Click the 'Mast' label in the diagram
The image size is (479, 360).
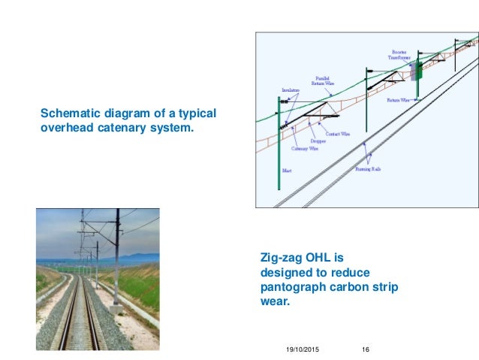coord(287,171)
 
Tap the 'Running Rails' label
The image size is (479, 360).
coord(368,169)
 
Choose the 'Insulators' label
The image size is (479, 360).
coord(291,90)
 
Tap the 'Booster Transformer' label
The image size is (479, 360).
coord(399,55)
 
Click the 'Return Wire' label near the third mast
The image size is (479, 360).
coord(398,99)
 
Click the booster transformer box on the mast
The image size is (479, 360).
coord(416,70)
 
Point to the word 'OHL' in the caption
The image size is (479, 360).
coord(323,258)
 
